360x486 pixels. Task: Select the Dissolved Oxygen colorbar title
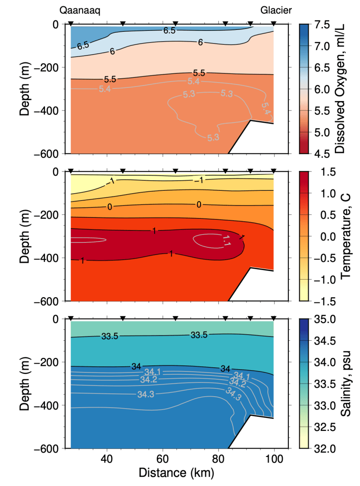pyautogui.click(x=340, y=89)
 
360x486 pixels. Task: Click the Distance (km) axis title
pyautogui.click(x=176, y=473)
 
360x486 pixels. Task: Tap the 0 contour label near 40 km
pyautogui.click(x=110, y=207)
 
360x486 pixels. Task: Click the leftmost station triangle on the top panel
pyautogui.click(x=71, y=24)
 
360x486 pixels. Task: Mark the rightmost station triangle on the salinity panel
pyautogui.click(x=274, y=318)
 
